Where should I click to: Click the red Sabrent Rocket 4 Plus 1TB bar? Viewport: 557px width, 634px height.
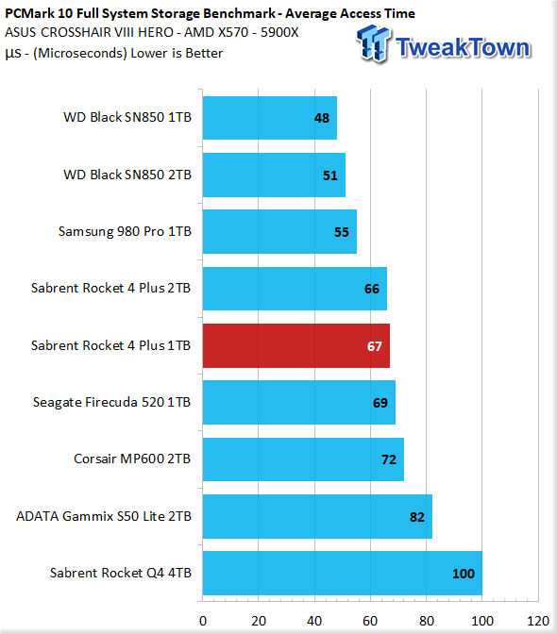pos(296,345)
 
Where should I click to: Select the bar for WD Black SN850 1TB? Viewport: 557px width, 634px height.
pos(270,118)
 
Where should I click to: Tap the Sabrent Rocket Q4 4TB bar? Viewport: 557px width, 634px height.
pos(342,573)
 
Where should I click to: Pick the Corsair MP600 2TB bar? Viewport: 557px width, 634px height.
pos(303,459)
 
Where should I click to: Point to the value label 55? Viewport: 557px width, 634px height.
pos(342,232)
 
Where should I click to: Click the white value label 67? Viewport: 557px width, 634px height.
pos(375,346)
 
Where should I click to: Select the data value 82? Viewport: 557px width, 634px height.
pos(417,517)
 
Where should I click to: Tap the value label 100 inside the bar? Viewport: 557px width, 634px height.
pos(464,574)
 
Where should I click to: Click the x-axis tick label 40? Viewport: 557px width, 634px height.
pos(314,621)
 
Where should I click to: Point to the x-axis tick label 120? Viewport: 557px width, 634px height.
pos(538,621)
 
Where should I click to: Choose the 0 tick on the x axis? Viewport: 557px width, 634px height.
pos(203,621)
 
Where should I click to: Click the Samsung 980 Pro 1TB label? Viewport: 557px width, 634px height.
pos(125,231)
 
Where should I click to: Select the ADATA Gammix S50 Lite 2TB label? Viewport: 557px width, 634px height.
pos(104,516)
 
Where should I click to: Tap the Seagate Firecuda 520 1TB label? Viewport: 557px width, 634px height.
pos(111,402)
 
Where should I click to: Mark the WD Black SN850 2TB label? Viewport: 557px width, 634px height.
pos(127,175)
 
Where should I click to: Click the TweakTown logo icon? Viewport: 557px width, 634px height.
pos(373,43)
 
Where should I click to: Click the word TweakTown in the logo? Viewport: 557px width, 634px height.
pos(463,47)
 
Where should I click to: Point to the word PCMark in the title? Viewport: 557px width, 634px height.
pos(29,13)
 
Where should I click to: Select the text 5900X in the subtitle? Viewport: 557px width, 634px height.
pos(279,32)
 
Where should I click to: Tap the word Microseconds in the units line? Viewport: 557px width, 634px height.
pos(80,53)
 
